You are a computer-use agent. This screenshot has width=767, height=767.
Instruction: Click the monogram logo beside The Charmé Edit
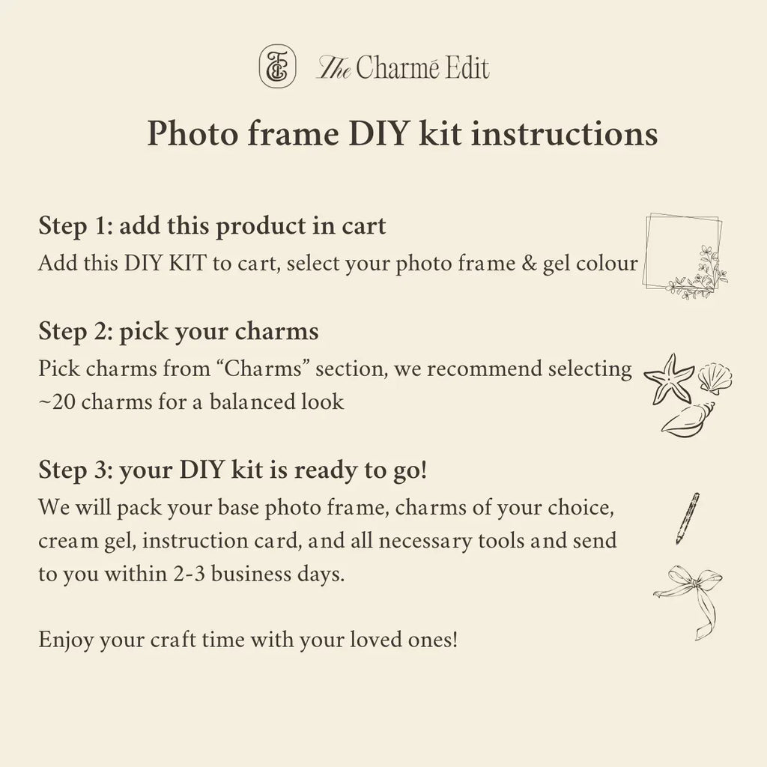[x=273, y=66]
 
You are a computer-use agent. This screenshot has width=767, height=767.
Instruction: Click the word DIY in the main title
[x=382, y=135]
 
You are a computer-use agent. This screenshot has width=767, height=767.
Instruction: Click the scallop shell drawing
[x=715, y=378]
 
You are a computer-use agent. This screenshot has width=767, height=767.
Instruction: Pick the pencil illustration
[x=687, y=518]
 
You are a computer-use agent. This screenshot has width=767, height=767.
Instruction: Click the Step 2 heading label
[x=73, y=332]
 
